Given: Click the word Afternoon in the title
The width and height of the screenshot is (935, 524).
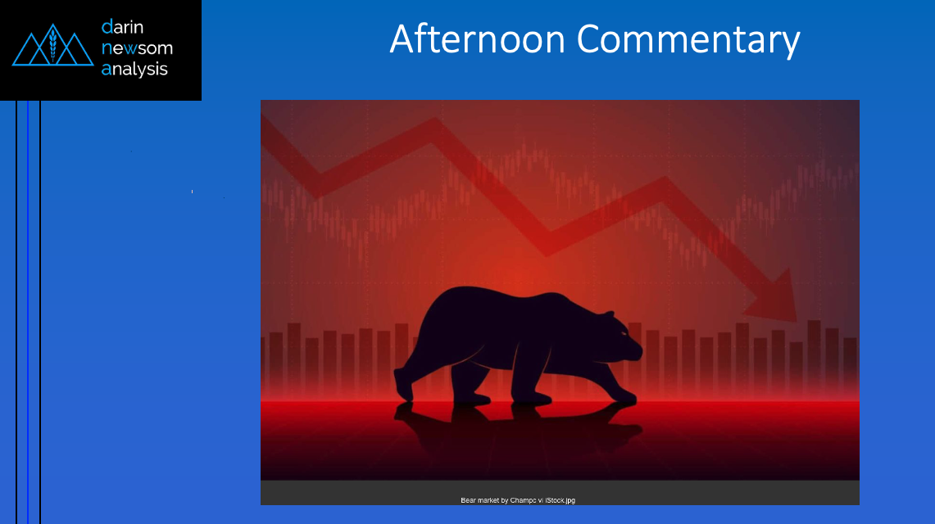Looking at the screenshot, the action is pos(477,39).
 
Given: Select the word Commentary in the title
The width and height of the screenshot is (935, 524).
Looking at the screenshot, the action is pos(688,40).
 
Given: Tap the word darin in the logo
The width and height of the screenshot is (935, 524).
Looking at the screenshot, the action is pos(122,27).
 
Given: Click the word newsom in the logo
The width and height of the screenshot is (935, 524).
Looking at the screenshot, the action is pos(137,47).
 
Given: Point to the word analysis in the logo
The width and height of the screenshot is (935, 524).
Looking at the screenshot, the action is pos(134,69).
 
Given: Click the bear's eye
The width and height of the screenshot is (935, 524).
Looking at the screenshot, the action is pos(623,333).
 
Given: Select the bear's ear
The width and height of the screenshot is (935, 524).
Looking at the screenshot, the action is pos(609,315).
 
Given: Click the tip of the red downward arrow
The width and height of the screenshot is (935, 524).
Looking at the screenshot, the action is pos(796,321).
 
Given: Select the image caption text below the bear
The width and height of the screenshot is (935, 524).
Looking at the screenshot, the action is pos(518,500).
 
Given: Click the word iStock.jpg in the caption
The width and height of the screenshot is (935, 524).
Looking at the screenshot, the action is pos(560,500).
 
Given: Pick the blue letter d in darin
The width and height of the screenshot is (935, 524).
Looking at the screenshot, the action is pos(107,27).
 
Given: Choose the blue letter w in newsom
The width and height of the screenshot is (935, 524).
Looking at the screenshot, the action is pos(130,48).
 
